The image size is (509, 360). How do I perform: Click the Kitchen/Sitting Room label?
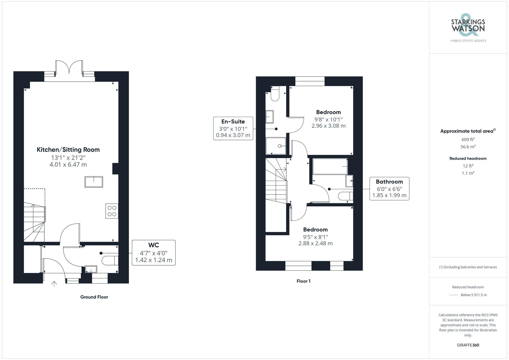tap(68, 150)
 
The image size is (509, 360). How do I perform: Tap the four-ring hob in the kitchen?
tap(112, 211)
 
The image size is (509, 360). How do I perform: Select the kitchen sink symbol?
tap(94, 182)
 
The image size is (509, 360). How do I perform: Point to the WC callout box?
tap(153, 253)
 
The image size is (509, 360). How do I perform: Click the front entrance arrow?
tap(54, 284)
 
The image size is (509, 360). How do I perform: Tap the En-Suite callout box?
tap(233, 128)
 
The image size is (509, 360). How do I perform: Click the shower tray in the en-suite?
tap(276, 146)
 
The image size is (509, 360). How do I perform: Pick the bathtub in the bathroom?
tap(330, 166)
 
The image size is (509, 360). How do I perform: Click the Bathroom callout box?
tap(389, 189)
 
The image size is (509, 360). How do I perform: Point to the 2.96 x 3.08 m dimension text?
tap(329, 126)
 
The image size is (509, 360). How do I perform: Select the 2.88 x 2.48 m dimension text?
tap(315, 243)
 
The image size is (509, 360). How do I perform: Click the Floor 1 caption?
tap(303, 281)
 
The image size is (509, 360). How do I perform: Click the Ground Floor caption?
tap(94, 297)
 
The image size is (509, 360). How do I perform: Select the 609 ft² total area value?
tap(468, 139)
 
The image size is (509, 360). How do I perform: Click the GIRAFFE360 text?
tap(468, 345)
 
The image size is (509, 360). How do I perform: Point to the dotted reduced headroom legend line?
tap(454, 295)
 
